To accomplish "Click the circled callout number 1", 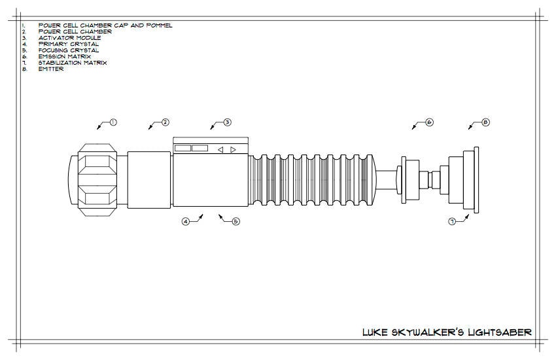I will [x=113, y=122].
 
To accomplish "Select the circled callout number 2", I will [x=165, y=122].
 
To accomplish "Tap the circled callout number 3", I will [x=227, y=122].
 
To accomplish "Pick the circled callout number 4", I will [x=186, y=222].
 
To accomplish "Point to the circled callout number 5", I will [x=236, y=222].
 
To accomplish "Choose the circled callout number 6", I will [x=429, y=122].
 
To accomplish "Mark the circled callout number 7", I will [x=452, y=222].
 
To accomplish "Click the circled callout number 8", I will [x=485, y=122].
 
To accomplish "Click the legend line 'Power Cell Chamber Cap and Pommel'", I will [x=105, y=26].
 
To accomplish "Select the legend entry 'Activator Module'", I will [x=69, y=38].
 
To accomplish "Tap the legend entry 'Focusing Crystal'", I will [x=69, y=50].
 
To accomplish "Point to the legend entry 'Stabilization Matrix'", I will [x=72, y=63].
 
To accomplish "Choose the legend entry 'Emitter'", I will [x=51, y=69].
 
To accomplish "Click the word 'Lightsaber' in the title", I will [x=496, y=333].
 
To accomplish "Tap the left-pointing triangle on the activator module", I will [x=220, y=149].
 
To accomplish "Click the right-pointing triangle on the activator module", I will [x=233, y=149].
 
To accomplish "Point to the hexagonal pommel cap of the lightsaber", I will [x=97, y=178].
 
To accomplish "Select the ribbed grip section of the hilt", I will [x=314, y=178].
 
